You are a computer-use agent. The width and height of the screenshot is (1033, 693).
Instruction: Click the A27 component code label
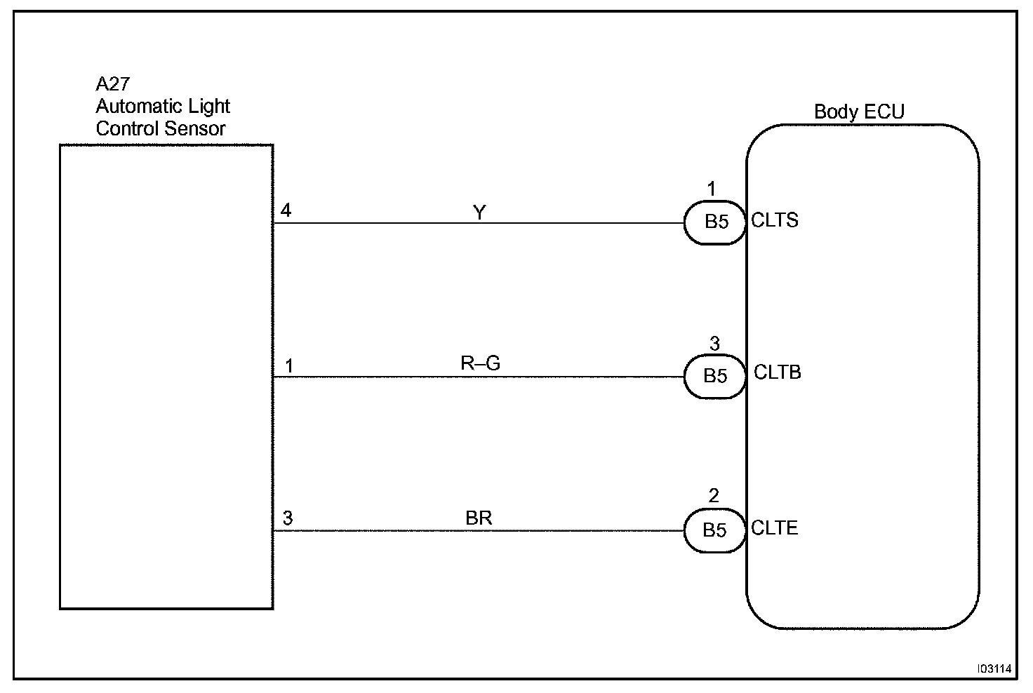[x=112, y=84]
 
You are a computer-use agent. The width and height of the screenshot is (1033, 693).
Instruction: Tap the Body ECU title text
[x=859, y=112]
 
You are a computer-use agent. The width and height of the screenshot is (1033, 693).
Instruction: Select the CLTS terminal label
[x=775, y=220]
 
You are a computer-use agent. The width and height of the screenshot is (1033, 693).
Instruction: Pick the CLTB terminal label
[x=777, y=372]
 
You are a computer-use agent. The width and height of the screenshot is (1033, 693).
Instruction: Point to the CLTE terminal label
[x=775, y=527]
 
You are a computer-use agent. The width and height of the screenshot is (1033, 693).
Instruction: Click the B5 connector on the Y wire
[x=715, y=222]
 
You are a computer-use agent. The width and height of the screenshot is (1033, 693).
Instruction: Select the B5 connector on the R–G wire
[x=715, y=377]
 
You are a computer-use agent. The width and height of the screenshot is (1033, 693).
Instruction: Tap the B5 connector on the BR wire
[x=715, y=530]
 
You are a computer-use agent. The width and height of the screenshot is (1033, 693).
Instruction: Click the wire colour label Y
[x=479, y=212]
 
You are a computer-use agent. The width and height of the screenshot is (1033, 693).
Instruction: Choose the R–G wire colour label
[x=480, y=363]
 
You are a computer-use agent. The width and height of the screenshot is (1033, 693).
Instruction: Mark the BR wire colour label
[x=479, y=518]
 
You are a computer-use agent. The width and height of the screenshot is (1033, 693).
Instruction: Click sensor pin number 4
[x=286, y=210]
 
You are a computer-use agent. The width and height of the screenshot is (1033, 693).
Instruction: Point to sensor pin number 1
[x=288, y=366]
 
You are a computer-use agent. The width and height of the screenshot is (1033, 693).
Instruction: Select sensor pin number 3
[x=288, y=518]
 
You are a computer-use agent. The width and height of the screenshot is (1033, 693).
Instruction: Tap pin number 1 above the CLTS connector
[x=712, y=189]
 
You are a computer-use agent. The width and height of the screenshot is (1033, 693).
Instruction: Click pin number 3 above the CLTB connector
[x=714, y=344]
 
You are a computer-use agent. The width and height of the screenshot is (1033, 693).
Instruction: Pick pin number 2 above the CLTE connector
[x=714, y=497]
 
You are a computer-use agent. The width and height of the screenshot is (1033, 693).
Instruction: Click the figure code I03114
[x=994, y=669]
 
